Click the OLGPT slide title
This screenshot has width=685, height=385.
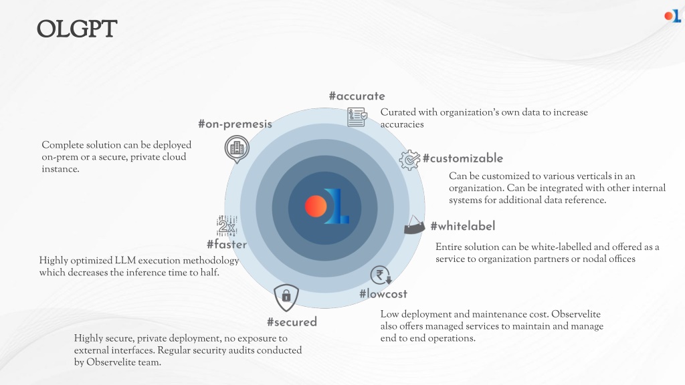[77, 29]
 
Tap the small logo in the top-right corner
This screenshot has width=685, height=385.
[672, 16]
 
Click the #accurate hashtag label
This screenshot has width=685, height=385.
[357, 96]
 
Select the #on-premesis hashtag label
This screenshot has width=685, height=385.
[235, 124]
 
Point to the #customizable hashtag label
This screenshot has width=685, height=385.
[463, 158]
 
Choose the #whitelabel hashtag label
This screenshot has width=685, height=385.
[463, 226]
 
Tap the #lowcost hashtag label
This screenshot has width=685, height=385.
[383, 294]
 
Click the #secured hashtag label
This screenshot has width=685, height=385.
[292, 322]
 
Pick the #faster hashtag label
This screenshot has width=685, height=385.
[227, 244]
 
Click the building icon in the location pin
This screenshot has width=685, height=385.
[237, 149]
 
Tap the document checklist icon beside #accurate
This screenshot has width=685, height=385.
[357, 117]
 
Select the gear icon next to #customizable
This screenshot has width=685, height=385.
[409, 160]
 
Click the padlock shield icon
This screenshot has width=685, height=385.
[286, 297]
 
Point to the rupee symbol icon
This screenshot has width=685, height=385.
[381, 275]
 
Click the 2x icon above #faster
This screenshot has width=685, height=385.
[227, 226]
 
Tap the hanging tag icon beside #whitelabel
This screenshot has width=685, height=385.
[413, 225]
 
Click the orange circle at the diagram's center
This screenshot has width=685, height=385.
[316, 207]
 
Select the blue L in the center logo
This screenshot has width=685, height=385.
[337, 207]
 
